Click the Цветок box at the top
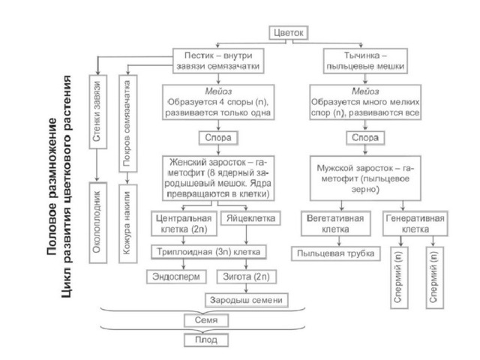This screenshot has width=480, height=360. click(x=288, y=33)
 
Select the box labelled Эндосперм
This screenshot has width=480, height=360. click(x=176, y=277)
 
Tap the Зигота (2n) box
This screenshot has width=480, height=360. click(x=247, y=277)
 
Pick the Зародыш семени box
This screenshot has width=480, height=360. click(x=247, y=300)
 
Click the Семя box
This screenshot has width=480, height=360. click(x=206, y=320)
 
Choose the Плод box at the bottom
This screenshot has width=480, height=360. click(x=206, y=340)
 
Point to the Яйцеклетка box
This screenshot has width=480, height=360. click(x=250, y=218)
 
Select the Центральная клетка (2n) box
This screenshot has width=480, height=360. click(x=184, y=223)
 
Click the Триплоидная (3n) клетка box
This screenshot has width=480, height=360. click(x=208, y=252)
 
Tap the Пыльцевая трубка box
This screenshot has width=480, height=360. click(x=336, y=253)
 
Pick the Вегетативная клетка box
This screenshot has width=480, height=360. click(x=336, y=223)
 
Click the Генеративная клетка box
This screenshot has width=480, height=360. click(x=415, y=223)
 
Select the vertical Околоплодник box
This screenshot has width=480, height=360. click(x=98, y=223)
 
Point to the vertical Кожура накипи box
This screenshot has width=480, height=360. click(x=128, y=223)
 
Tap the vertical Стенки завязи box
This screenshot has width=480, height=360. click(x=98, y=112)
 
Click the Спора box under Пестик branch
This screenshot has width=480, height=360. click(x=218, y=138)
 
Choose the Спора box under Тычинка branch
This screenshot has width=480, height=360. click(x=365, y=138)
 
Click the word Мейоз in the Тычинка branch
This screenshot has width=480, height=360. click(x=365, y=91)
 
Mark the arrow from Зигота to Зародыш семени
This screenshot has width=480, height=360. click(x=247, y=288)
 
